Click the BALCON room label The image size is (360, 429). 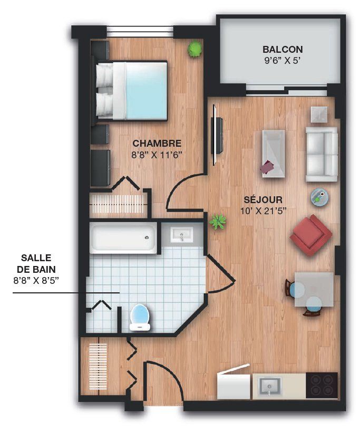pos(283,50)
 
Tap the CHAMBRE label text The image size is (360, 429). pos(157,143)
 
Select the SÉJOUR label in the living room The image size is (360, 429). pos(263,199)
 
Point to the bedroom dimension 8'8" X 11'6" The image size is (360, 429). pos(157,156)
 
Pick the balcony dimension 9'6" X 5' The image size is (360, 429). pos(283,61)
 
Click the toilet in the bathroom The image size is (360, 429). pos(141,317)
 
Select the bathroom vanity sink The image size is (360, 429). pos(182,235)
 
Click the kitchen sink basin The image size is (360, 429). pos(269,386)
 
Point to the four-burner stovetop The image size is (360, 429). pos(322,385)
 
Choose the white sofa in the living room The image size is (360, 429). pos(322,154)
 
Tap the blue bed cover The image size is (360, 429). pos(146,91)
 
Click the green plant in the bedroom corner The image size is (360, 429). pos(194,49)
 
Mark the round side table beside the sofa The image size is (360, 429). pos(319,196)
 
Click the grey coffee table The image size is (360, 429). pos(274,154)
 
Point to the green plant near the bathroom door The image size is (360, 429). pos(218,221)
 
